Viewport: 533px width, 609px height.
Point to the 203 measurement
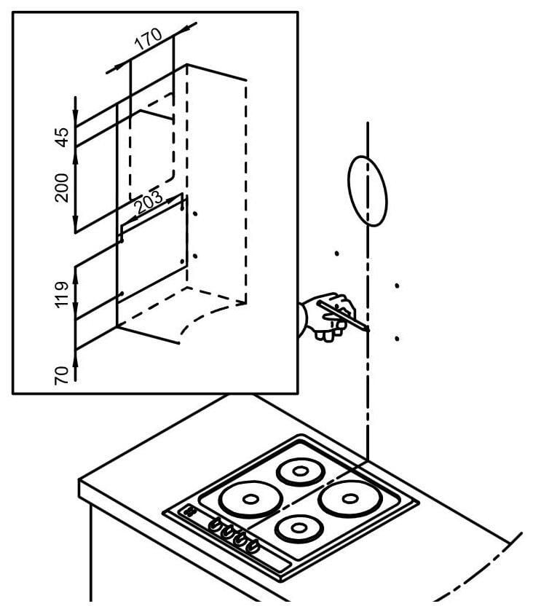pyautogui.click(x=149, y=206)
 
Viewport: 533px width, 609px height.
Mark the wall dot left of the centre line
pyautogui.click(x=336, y=254)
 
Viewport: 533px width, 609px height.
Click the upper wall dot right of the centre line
pyautogui.click(x=397, y=286)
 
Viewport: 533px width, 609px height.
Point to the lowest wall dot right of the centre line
pyautogui.click(x=397, y=339)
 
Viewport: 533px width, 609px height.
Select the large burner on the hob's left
pyautogui.click(x=250, y=500)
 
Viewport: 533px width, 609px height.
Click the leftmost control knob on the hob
pyautogui.click(x=216, y=523)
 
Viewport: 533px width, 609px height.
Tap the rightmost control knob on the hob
pyautogui.click(x=253, y=546)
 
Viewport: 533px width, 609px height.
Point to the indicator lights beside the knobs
pyautogui.click(x=191, y=512)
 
